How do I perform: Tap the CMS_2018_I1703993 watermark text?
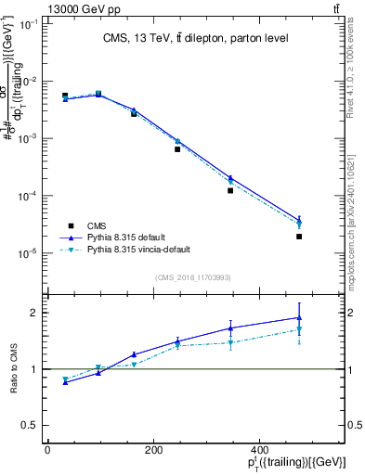[x=193, y=276]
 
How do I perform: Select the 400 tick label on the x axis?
[x=300, y=449]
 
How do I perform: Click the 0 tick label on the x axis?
[x=47, y=449]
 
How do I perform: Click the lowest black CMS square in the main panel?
[x=299, y=237]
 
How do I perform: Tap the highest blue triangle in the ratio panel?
[x=299, y=318]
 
